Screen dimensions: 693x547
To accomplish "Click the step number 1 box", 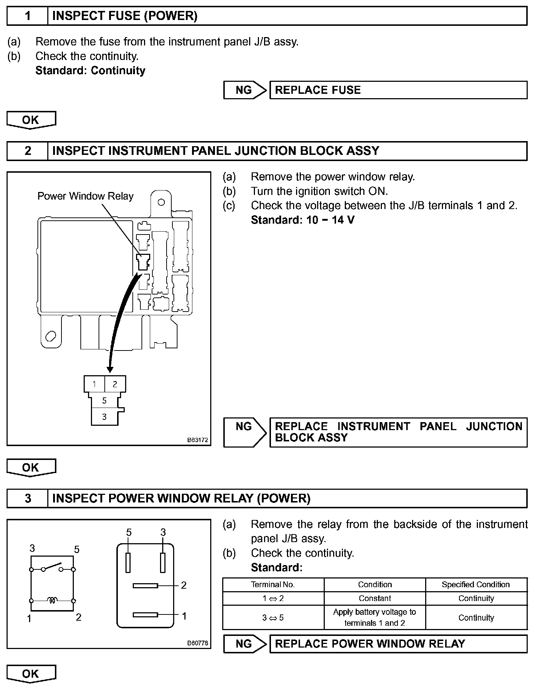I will click(x=28, y=16).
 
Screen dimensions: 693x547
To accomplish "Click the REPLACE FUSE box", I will click(x=398, y=90).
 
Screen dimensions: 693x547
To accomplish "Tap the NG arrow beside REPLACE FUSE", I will click(x=245, y=90).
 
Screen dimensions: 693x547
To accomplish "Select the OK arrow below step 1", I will click(x=31, y=120).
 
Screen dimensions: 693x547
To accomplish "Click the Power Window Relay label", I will click(x=85, y=196).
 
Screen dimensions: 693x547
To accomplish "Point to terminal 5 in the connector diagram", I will click(x=104, y=401).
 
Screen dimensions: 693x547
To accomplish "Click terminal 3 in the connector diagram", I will click(x=104, y=417).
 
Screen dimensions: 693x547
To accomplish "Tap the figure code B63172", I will click(x=197, y=440).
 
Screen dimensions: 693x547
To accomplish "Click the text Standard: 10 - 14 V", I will click(x=302, y=220).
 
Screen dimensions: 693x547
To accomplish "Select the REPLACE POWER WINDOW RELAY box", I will click(x=398, y=644).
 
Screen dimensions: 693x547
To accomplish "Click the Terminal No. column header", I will click(x=273, y=585).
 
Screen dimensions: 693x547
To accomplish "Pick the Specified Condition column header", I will click(x=476, y=585).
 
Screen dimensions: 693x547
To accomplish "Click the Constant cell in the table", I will click(x=375, y=598).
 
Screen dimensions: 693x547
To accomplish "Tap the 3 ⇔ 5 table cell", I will click(x=273, y=618).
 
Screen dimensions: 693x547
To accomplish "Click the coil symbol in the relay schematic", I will click(x=52, y=601).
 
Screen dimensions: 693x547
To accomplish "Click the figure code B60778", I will click(x=197, y=643).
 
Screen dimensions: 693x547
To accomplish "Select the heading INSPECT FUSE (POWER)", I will click(x=125, y=16).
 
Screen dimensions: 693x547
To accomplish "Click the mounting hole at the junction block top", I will click(x=161, y=202).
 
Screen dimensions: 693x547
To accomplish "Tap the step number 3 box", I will click(x=28, y=498).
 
